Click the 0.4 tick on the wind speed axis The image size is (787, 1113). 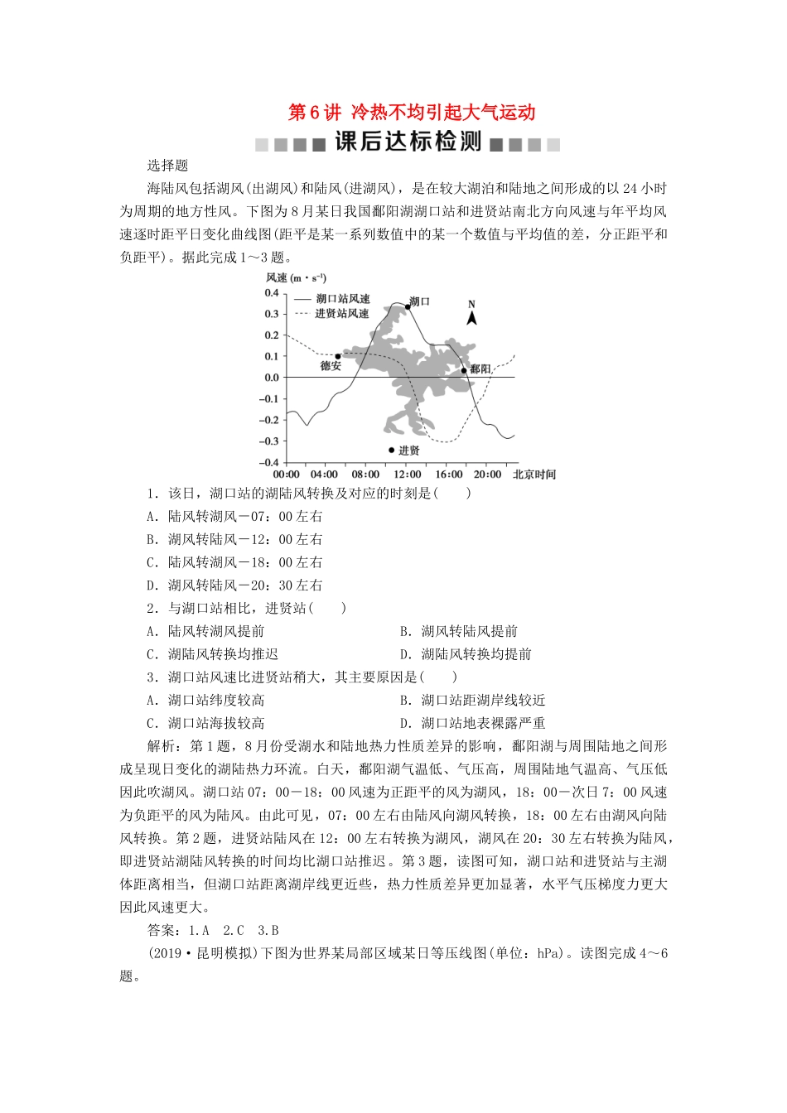point(272,293)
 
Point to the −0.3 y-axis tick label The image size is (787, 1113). point(269,441)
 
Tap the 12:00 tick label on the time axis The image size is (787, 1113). point(407,475)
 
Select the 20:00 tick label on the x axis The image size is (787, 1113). point(487,475)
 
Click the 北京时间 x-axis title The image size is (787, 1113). point(534,475)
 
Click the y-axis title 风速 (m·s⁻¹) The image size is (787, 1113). point(296,277)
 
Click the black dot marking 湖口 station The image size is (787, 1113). point(408,306)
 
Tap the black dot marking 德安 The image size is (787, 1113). point(338,356)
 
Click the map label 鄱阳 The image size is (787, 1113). point(480,369)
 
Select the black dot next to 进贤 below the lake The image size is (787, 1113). point(391,450)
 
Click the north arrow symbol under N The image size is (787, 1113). point(471,317)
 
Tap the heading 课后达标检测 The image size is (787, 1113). point(408,142)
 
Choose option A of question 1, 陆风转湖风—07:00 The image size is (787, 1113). point(234,516)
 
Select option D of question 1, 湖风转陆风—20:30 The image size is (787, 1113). point(234,585)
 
